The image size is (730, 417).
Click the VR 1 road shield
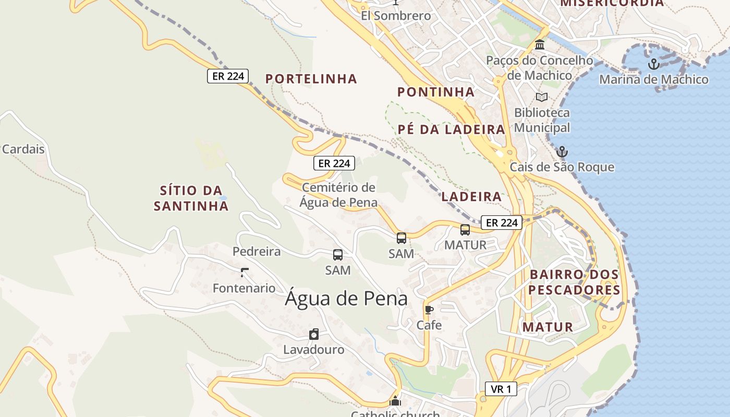pos(501,389)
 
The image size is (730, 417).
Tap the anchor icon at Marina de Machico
pos(653,64)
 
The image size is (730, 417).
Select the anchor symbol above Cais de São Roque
pos(562,152)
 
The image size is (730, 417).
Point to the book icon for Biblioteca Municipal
pos(542,97)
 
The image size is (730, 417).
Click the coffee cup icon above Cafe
pos(429,310)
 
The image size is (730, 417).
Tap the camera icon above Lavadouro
pos(314,334)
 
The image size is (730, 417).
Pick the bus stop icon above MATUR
pos(465,229)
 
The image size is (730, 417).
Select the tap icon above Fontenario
pos(244,272)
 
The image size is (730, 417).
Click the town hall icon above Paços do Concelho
pos(540,45)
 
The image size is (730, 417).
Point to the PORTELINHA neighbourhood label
pos(311,79)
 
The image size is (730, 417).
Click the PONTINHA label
pos(436,92)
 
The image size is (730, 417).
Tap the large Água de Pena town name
pos(346,299)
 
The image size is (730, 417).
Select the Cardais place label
pos(23,149)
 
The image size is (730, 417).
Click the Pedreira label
pos(257,252)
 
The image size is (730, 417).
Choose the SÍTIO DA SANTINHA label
pos(191,198)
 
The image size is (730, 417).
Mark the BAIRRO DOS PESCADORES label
pos(574,282)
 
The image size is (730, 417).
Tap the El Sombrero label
pos(396,16)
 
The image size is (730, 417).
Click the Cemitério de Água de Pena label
pos(338,195)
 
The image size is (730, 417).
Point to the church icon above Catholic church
pos(395,401)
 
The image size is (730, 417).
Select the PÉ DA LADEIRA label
pos(452,130)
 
